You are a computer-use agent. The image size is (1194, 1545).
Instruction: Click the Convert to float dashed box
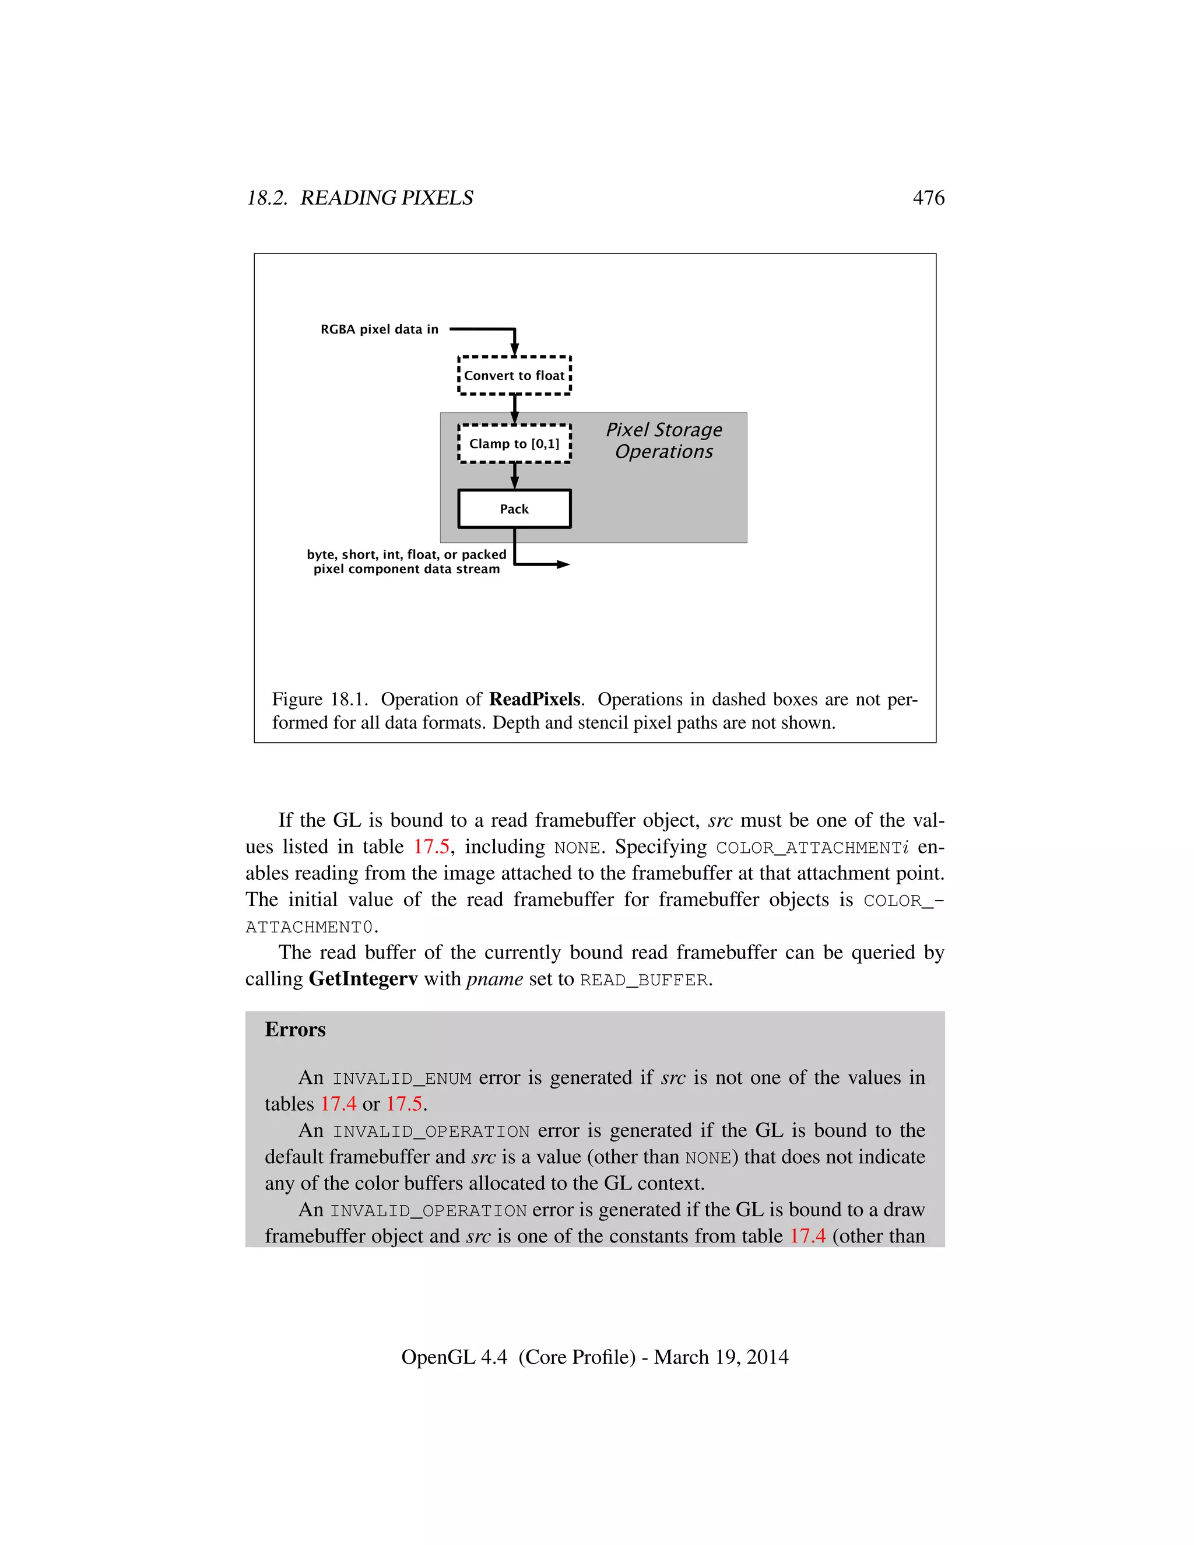click(514, 375)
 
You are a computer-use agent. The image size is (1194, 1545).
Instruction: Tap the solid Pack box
click(514, 508)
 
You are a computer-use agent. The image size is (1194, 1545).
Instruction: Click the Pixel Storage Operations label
click(663, 440)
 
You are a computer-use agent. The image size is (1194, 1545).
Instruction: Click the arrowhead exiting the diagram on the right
click(563, 564)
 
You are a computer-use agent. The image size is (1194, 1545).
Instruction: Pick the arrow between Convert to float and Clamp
click(514, 409)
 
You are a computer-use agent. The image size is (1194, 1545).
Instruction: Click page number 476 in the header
click(928, 198)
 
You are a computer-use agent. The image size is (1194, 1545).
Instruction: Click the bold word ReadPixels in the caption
click(535, 699)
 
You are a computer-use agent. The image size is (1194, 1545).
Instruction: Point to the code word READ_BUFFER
click(644, 981)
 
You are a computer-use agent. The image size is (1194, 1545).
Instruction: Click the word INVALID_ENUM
click(402, 1078)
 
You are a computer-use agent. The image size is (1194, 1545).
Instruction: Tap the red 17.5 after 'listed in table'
click(431, 847)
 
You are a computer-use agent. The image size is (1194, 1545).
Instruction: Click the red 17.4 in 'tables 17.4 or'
click(338, 1104)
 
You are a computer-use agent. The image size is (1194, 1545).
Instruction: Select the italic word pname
click(494, 980)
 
